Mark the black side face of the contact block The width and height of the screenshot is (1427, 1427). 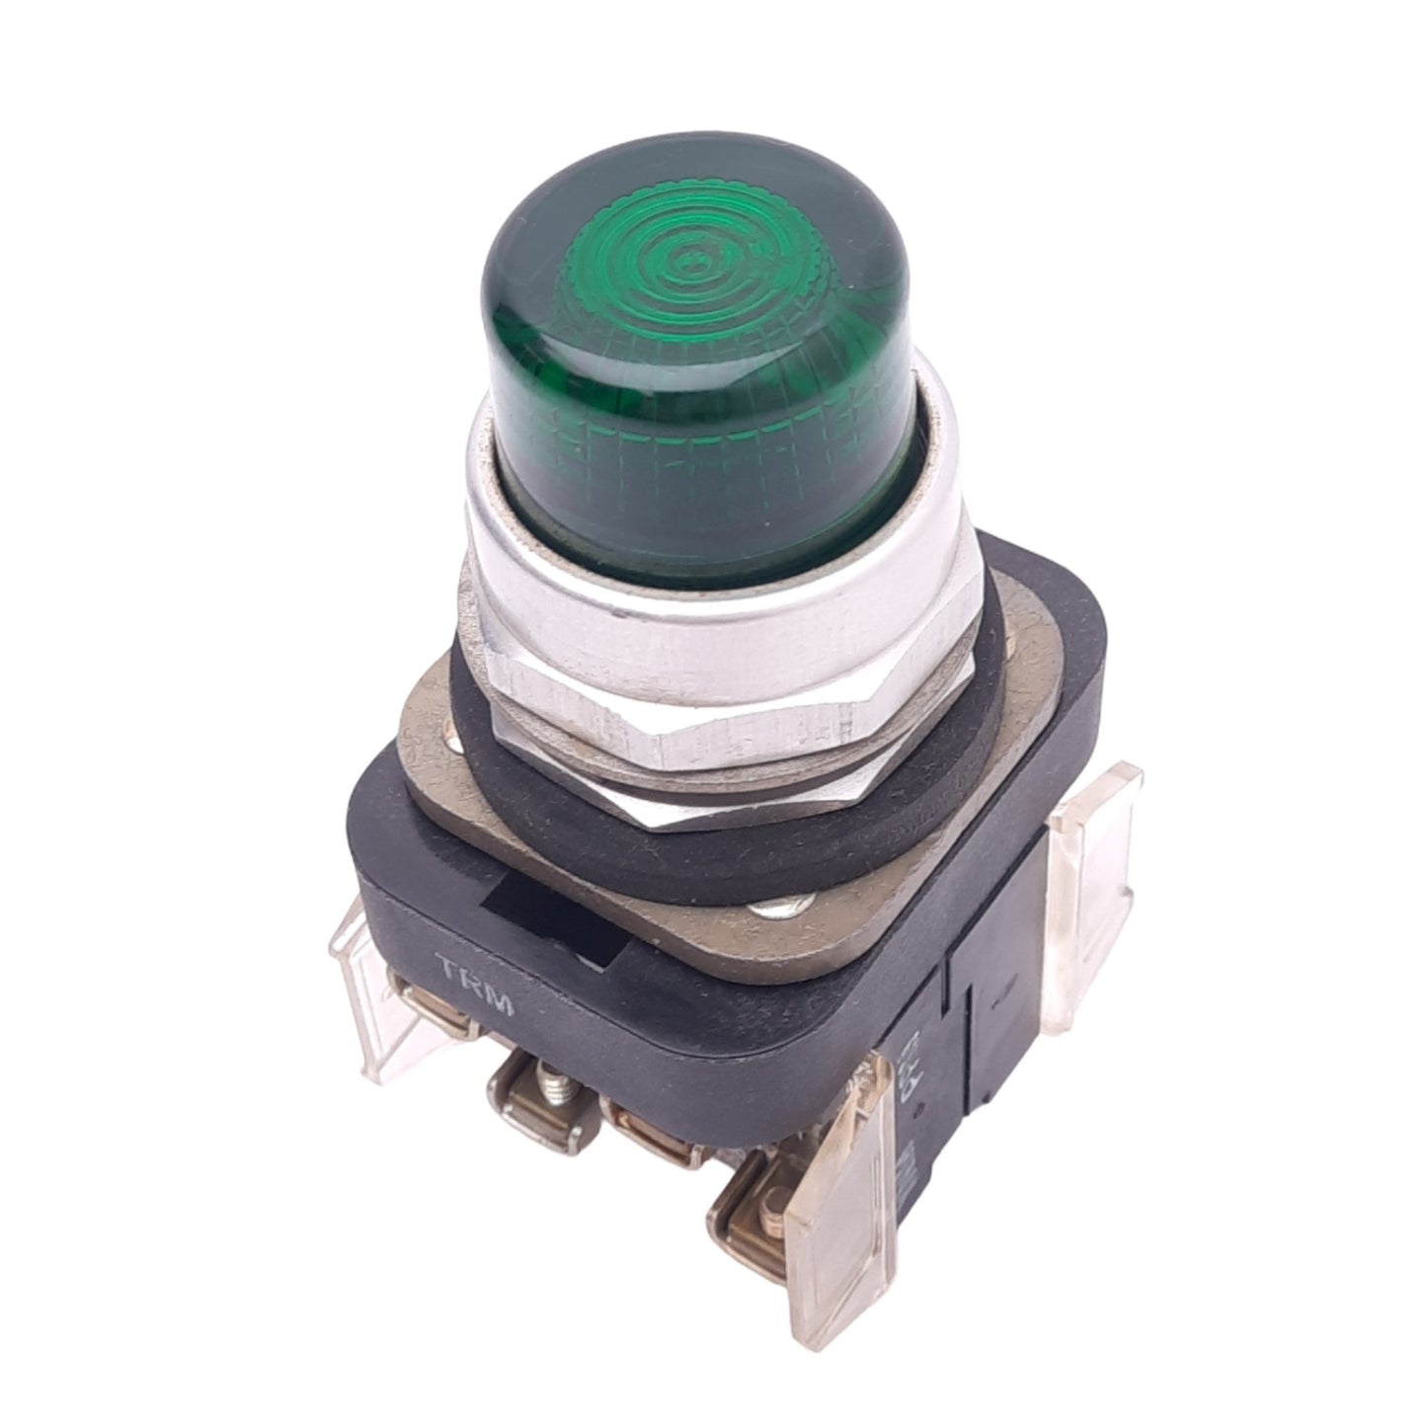click(997, 988)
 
